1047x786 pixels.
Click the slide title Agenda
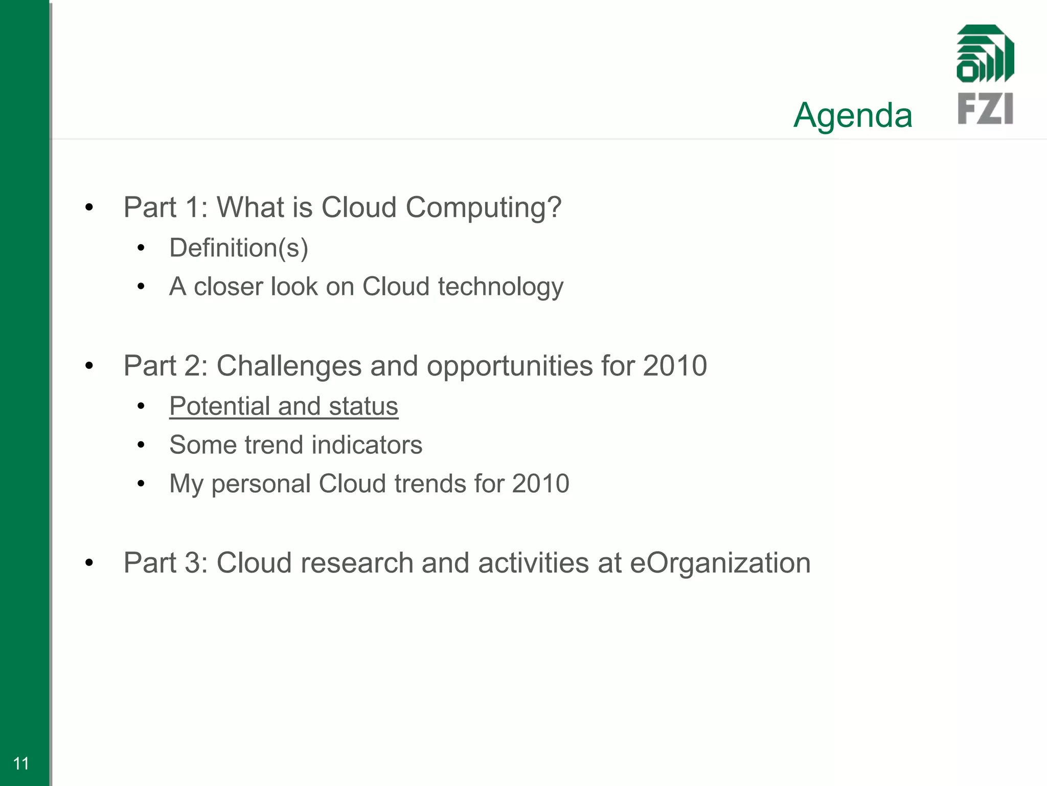click(853, 116)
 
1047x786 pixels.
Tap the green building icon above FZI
click(985, 54)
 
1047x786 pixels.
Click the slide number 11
click(21, 763)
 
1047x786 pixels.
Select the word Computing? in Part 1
click(483, 208)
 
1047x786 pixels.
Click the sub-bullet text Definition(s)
click(239, 248)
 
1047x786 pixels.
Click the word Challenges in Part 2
click(289, 366)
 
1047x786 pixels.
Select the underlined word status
click(363, 406)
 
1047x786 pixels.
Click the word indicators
click(367, 445)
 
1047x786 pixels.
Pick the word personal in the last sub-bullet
click(261, 484)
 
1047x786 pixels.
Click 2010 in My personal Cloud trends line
click(540, 484)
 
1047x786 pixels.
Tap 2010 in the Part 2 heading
click(674, 366)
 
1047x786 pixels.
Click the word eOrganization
click(720, 563)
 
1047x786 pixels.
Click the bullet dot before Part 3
click(89, 563)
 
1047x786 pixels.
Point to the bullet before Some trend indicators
click(141, 445)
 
